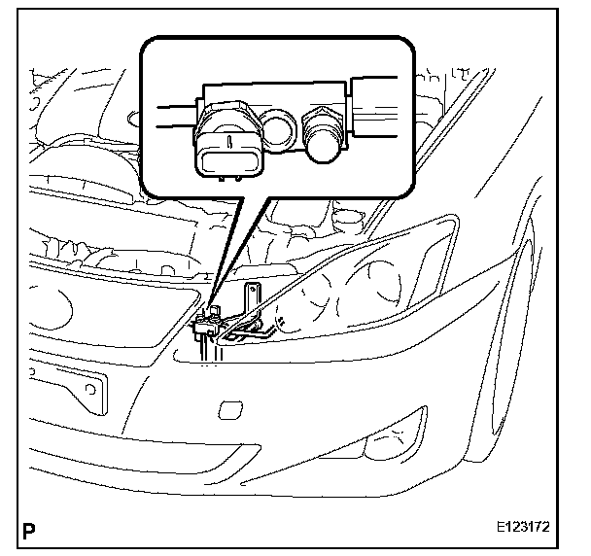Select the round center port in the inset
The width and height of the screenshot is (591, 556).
pos(280,127)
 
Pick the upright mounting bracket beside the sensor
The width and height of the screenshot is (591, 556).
pos(256,305)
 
